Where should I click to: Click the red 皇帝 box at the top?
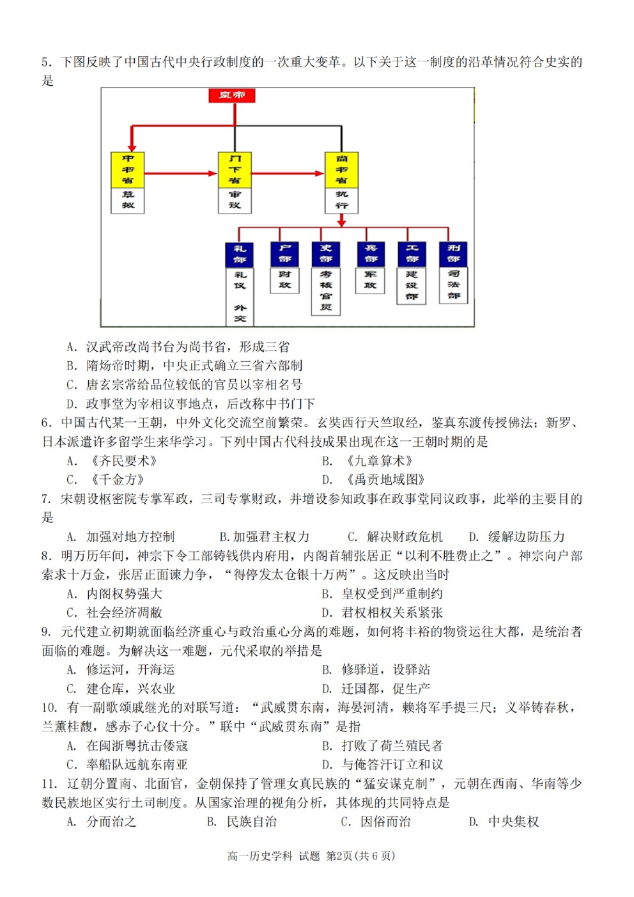232,95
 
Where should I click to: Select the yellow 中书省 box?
128,170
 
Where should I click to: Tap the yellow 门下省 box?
235,170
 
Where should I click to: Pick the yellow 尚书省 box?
341,170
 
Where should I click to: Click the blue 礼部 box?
240,254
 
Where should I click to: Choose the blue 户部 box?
284,254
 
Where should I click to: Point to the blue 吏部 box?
326,254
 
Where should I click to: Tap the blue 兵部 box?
371,254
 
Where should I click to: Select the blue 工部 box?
412,254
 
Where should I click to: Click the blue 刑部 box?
454,254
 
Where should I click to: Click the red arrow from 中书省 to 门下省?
181,173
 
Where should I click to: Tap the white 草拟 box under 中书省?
128,200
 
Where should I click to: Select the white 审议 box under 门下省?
235,200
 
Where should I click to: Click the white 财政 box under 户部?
284,280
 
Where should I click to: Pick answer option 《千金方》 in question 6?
116,480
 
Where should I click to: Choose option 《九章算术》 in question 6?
378,461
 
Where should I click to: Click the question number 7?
47,499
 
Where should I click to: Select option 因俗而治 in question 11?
385,822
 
